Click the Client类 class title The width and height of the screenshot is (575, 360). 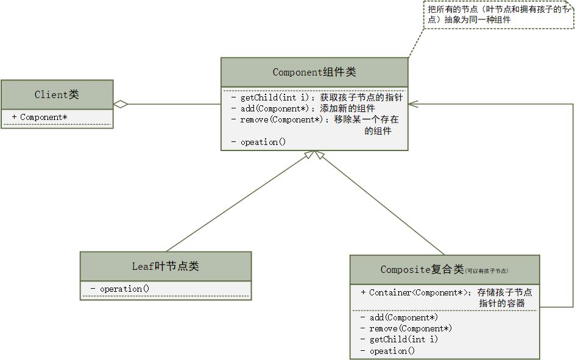(x=57, y=94)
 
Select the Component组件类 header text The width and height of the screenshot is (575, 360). (x=314, y=72)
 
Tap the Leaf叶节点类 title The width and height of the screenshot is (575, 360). (x=165, y=266)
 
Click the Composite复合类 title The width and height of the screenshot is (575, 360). (x=422, y=269)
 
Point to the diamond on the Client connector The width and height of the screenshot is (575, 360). (x=121, y=104)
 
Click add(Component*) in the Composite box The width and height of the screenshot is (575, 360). (x=403, y=317)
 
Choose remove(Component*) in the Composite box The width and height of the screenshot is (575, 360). (x=410, y=328)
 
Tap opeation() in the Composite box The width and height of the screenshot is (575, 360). (x=392, y=351)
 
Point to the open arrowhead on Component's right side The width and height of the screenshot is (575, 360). (x=413, y=104)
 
